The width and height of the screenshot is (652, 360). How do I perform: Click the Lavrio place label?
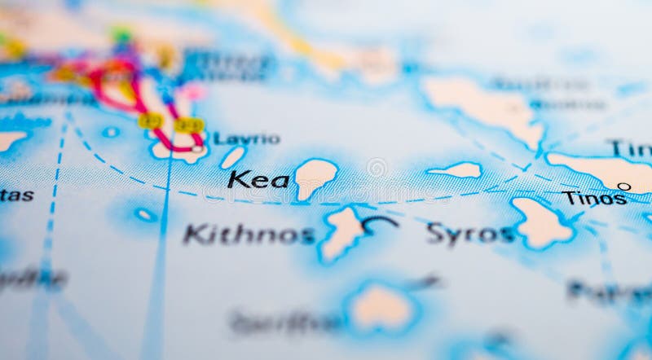point(247,138)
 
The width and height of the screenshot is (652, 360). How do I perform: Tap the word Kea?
point(258,179)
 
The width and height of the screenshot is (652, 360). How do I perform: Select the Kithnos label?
point(249,235)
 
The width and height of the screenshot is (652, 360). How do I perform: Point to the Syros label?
point(470,234)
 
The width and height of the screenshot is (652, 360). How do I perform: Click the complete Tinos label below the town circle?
point(594,198)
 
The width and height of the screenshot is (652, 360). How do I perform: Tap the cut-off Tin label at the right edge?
point(631,148)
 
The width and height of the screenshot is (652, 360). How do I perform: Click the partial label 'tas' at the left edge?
point(16,195)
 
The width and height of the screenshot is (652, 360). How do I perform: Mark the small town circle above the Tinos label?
point(623,187)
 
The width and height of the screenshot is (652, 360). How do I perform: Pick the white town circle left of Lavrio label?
point(196,149)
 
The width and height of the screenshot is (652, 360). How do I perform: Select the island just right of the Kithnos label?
point(342,232)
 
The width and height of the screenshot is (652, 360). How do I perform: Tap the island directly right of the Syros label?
point(541,222)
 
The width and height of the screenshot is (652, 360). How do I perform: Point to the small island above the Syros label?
point(457,170)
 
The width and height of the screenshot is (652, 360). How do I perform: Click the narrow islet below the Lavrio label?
point(232,157)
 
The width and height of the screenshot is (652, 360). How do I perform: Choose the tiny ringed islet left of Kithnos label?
point(145,215)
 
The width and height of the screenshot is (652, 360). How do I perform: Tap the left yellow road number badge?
point(150,121)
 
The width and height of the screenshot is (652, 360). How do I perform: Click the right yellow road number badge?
point(188,125)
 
